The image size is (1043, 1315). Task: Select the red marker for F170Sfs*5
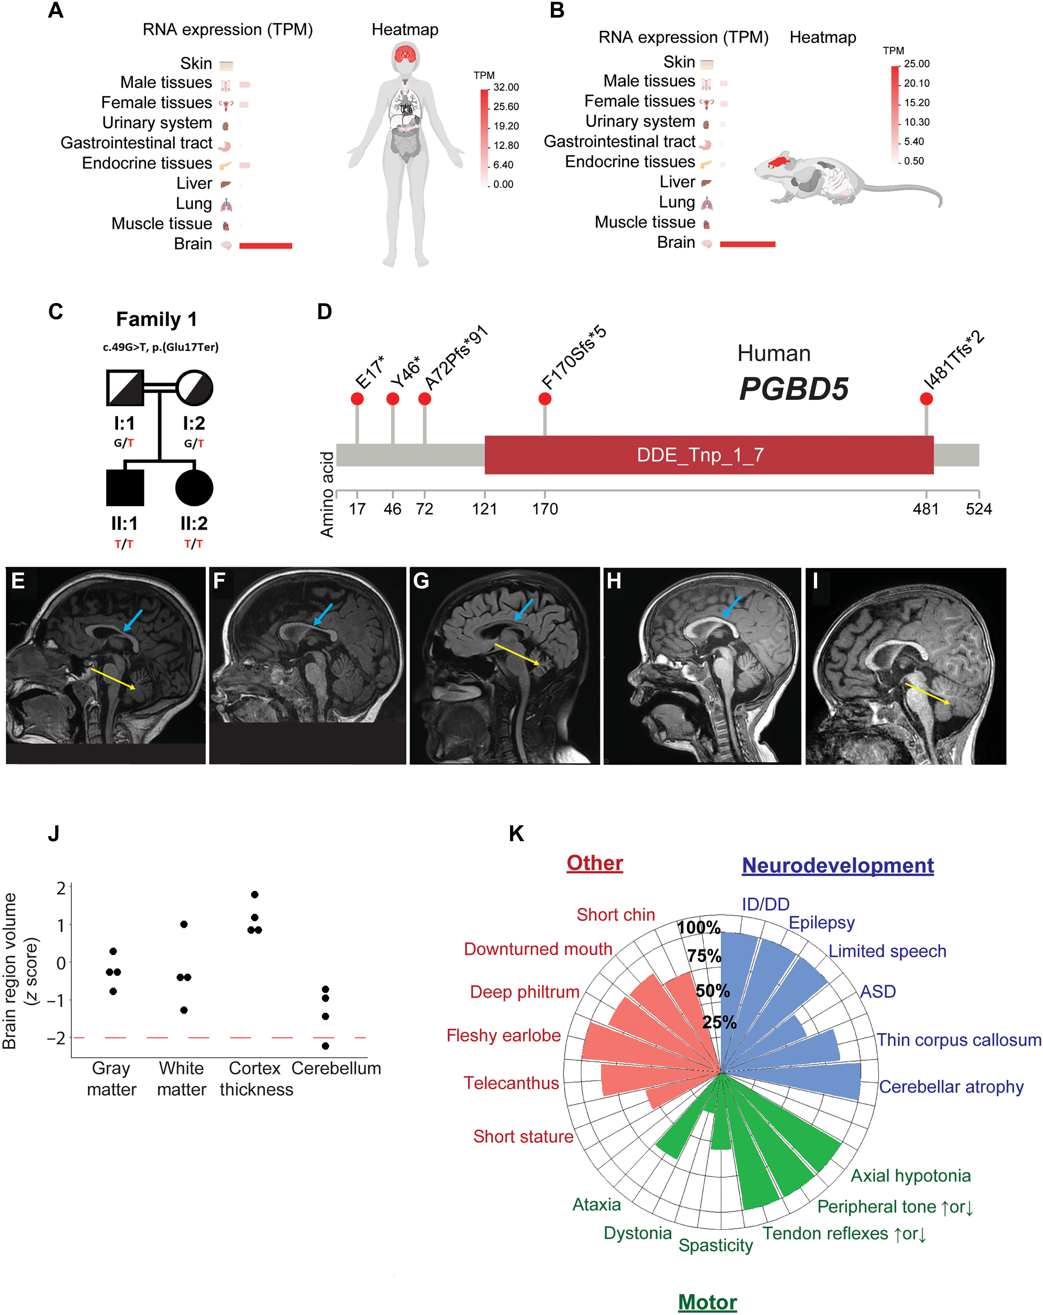tap(545, 399)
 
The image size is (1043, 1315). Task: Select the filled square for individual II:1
tap(125, 488)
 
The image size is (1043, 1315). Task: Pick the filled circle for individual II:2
tap(194, 488)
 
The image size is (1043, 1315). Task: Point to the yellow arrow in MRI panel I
tap(927, 693)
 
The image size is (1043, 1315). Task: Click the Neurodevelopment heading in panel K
tap(837, 866)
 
